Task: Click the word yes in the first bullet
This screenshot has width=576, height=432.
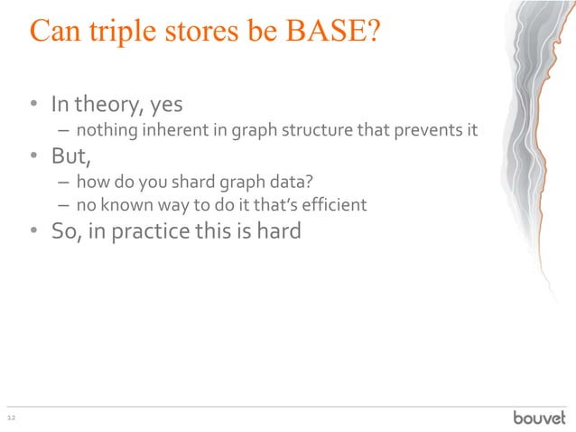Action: tap(166, 107)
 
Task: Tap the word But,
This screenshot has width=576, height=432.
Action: tap(71, 156)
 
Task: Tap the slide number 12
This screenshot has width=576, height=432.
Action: tap(12, 418)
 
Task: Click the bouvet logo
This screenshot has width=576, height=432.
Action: tap(539, 417)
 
